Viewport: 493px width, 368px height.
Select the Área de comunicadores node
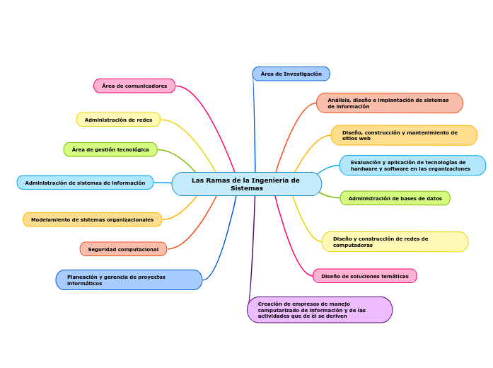(x=134, y=86)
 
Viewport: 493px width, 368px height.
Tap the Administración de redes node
(x=118, y=120)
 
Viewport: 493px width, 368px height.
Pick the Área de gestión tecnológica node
(x=110, y=149)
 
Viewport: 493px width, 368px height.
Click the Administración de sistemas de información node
(x=85, y=183)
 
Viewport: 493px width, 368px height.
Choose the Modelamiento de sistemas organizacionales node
(x=92, y=219)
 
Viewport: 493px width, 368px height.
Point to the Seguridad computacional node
(x=123, y=249)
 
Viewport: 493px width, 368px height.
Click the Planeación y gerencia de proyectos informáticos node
(x=129, y=280)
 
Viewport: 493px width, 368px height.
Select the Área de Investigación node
(x=291, y=74)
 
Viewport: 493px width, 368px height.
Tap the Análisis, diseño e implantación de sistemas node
(x=389, y=103)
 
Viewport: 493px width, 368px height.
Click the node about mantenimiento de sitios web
(x=404, y=135)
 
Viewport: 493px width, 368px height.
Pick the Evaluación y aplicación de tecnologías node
(x=412, y=166)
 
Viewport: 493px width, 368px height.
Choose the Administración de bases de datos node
(x=395, y=198)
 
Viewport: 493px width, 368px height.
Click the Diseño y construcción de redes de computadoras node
(x=395, y=242)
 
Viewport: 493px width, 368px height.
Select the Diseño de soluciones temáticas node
(x=364, y=276)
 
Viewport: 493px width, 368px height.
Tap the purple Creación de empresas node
(x=320, y=310)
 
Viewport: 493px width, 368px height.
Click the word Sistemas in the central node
(x=246, y=188)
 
